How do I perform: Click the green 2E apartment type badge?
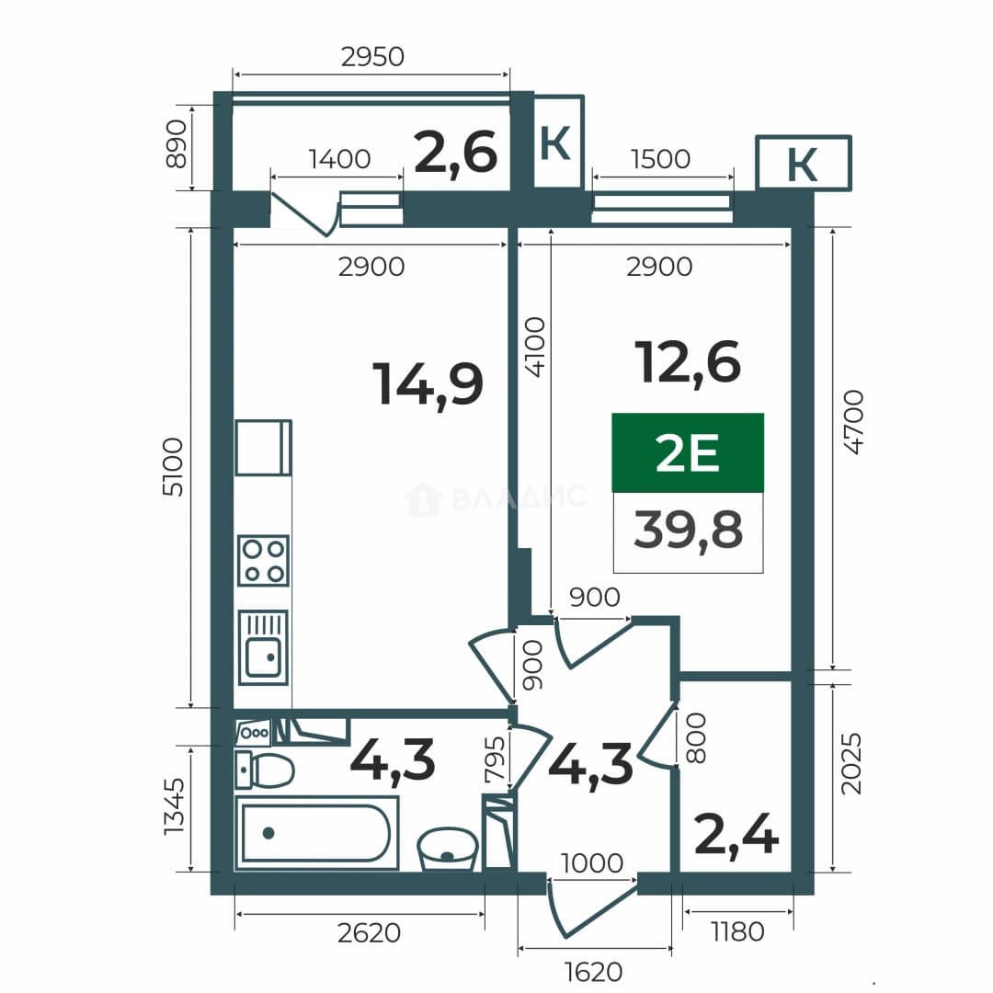688,452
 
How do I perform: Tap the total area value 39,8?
688,531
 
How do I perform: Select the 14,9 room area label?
428,384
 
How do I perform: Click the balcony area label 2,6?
455,153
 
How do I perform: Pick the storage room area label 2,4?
736,835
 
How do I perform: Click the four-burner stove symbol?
264,561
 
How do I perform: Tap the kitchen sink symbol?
264,647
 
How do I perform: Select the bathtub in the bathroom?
316,833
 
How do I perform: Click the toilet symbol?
265,770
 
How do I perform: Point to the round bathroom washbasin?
448,849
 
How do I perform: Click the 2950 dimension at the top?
372,57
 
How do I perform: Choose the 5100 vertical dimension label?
173,467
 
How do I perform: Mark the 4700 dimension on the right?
853,422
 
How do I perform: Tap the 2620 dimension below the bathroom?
370,933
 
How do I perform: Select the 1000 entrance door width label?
592,862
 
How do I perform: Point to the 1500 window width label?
660,159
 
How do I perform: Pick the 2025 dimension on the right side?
851,764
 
